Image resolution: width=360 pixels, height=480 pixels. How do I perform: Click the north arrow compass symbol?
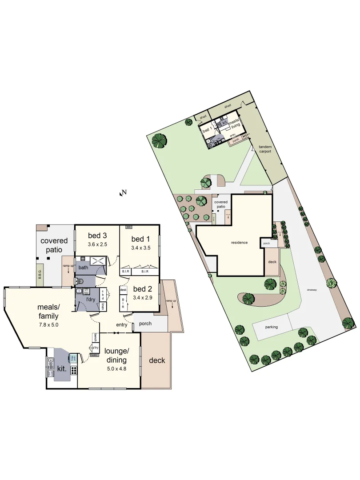click(122, 193)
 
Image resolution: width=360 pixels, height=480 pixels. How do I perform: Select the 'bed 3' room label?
click(97, 236)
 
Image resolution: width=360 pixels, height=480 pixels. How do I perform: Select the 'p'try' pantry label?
click(95, 348)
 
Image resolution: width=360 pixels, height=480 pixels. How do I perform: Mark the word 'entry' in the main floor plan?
click(121, 325)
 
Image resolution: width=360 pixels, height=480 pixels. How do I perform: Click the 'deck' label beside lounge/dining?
click(157, 360)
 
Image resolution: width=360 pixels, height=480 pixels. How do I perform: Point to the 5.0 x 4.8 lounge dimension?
click(116, 368)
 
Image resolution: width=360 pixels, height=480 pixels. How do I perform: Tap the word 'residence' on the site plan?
click(239, 243)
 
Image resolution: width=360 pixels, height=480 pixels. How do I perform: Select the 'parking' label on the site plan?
click(272, 327)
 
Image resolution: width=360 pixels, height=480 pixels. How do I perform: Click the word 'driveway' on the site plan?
click(312, 290)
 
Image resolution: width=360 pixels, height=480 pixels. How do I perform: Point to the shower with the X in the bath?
click(98, 261)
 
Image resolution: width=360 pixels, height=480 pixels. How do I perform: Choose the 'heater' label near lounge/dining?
click(94, 355)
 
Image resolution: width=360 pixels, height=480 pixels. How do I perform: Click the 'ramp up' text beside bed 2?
click(170, 301)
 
